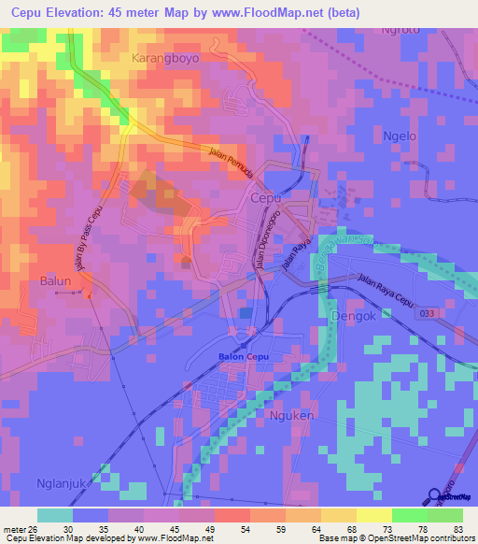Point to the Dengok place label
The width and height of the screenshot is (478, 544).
[x=352, y=317]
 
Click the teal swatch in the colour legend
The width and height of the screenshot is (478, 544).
[x=55, y=515]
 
